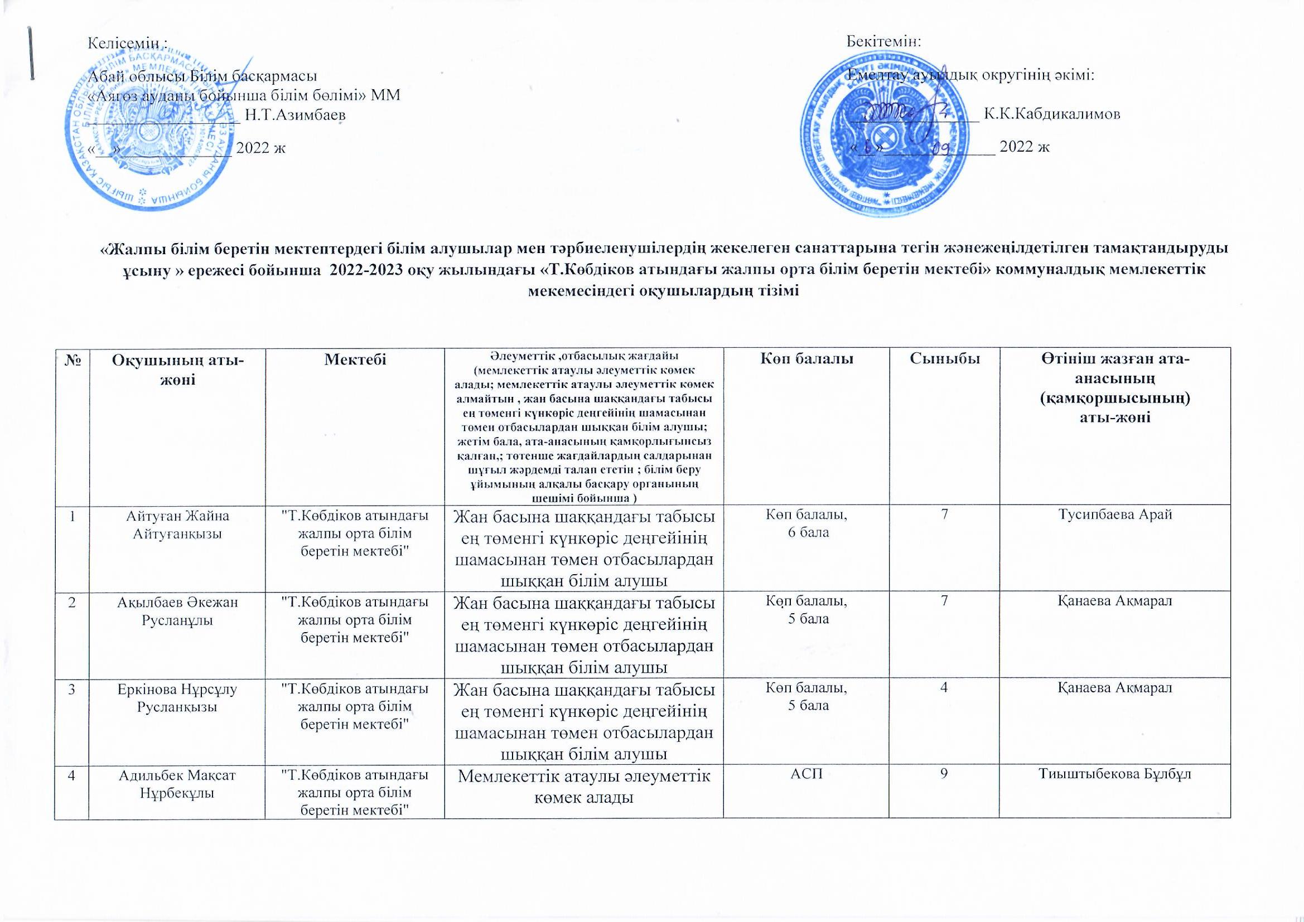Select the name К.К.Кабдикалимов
click(x=1052, y=114)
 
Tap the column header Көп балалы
click(x=806, y=359)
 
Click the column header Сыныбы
click(x=943, y=359)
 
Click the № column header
click(x=71, y=360)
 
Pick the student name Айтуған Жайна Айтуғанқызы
click(x=177, y=525)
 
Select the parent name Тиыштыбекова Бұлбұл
click(x=1115, y=775)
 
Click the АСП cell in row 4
click(x=806, y=775)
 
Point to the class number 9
click(x=943, y=775)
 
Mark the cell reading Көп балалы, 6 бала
click(x=806, y=524)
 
